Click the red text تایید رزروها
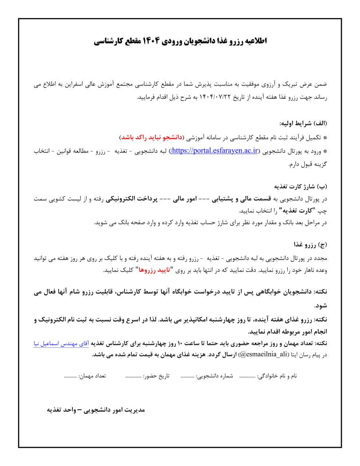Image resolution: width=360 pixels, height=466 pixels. [153, 270]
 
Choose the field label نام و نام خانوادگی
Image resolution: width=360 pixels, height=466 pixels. [278, 376]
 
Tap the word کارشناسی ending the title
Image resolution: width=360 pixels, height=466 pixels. [110, 41]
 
